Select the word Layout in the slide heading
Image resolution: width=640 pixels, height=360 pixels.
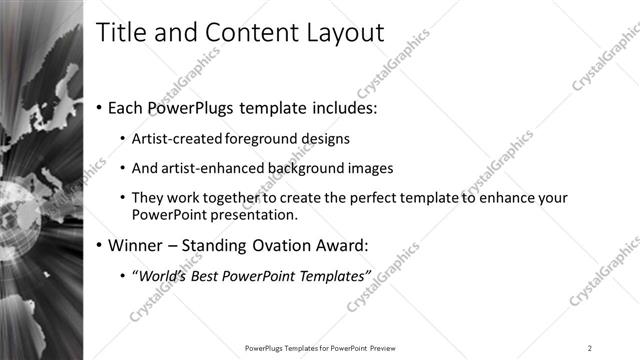tap(344, 32)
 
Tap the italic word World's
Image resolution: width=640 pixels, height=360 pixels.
tap(158, 275)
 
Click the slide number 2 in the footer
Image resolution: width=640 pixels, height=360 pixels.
tap(590, 348)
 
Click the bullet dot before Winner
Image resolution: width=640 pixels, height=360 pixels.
tap(101, 245)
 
